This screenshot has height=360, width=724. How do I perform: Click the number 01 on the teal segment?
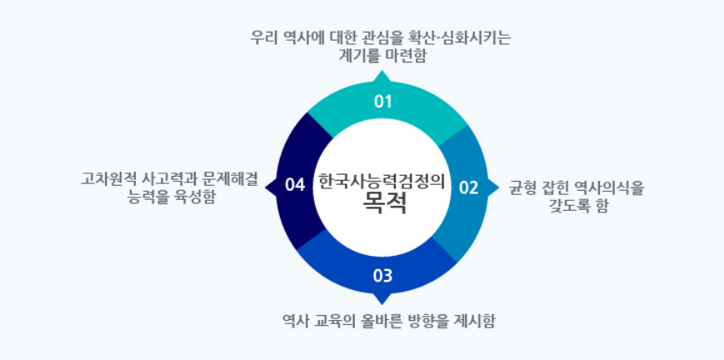point(382,102)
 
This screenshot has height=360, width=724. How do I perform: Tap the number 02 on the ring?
point(469,187)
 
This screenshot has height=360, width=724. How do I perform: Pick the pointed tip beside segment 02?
point(496,186)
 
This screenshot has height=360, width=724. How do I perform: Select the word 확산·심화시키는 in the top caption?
point(468,37)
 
